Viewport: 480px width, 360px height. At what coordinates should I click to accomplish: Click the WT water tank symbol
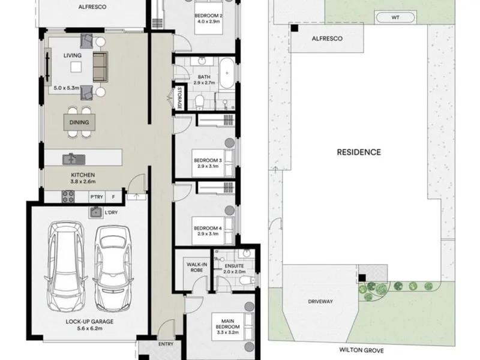click(x=395, y=17)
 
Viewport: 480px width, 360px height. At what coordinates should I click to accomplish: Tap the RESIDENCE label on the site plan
click(x=359, y=152)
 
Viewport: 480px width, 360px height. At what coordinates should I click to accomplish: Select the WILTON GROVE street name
click(x=361, y=350)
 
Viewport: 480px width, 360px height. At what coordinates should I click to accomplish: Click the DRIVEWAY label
click(x=320, y=302)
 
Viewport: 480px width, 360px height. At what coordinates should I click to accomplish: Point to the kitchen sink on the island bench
click(x=74, y=159)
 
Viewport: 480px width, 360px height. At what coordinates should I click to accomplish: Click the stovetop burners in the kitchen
click(x=68, y=197)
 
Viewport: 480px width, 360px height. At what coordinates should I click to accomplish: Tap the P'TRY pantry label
click(x=97, y=197)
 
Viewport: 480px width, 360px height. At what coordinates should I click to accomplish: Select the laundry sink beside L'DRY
click(x=96, y=212)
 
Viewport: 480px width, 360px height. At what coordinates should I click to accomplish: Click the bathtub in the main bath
click(x=227, y=73)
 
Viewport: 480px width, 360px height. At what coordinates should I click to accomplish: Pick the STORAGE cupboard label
click(x=179, y=98)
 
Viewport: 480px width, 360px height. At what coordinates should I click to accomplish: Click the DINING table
click(x=79, y=122)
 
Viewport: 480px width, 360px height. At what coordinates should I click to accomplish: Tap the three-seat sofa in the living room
click(x=100, y=67)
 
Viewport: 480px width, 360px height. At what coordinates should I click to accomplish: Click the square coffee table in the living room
click(x=76, y=67)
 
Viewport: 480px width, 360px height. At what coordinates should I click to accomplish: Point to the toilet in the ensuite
click(x=247, y=280)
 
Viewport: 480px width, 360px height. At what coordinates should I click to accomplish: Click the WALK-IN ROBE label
click(x=197, y=267)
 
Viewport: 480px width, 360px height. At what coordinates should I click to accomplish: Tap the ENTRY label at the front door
click(x=166, y=344)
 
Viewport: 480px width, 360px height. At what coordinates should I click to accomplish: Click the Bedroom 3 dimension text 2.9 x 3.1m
click(x=208, y=166)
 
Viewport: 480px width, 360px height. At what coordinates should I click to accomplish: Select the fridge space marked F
click(x=113, y=197)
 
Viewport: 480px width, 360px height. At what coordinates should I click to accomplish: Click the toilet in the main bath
click(x=199, y=102)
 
